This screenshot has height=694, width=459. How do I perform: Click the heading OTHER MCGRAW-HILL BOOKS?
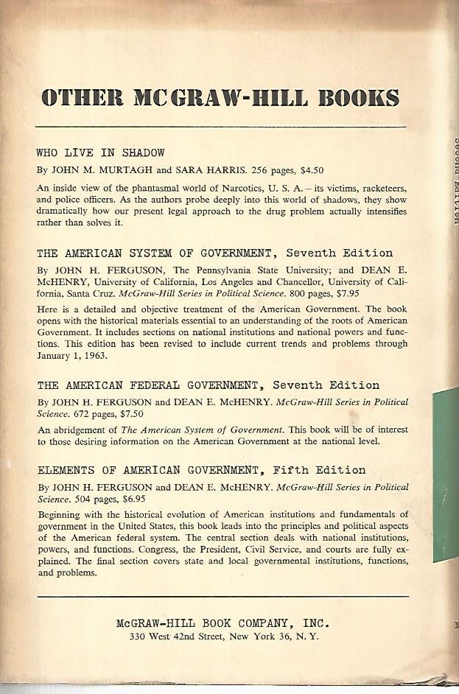point(221,99)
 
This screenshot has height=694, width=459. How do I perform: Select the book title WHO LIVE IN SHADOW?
point(100,153)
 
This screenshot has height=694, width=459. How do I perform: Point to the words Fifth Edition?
point(330,470)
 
